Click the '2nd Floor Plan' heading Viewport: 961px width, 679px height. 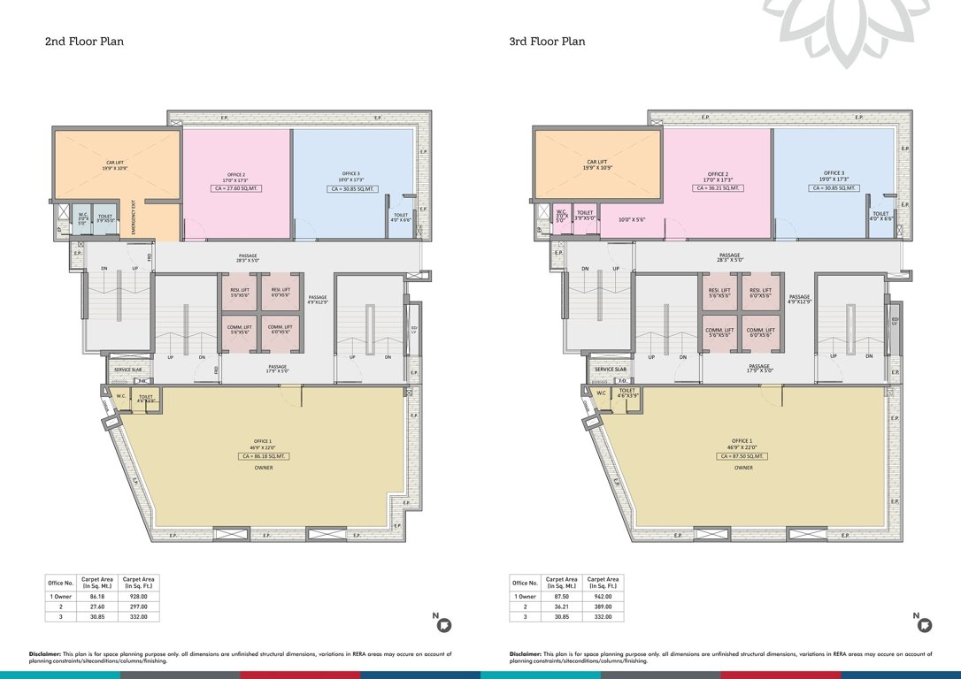coord(84,42)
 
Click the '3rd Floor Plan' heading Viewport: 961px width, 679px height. coord(547,42)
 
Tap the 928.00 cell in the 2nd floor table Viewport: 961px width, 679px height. coord(140,598)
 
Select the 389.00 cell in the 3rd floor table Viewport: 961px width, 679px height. coord(604,607)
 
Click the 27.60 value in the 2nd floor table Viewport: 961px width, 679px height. coord(103,607)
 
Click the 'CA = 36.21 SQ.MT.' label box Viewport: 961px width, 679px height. coord(718,188)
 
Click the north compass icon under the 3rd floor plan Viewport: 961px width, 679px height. coord(924,625)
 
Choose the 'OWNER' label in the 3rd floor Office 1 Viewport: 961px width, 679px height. coord(743,468)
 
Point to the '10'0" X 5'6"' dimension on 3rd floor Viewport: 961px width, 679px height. coord(631,220)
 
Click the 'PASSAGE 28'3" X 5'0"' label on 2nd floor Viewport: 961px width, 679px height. coord(249,258)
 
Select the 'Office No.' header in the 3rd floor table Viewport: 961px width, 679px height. coord(526,583)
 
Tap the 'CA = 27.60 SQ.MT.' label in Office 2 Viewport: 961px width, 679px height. coord(235,188)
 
